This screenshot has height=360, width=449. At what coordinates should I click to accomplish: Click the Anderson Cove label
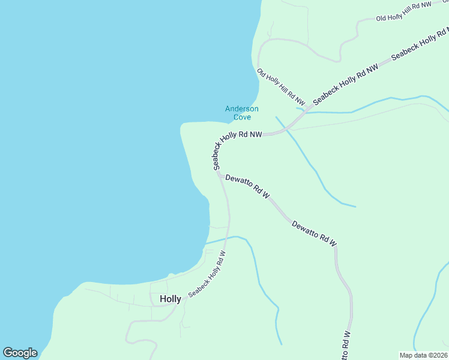click(x=242, y=113)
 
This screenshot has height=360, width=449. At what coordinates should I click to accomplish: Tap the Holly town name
click(x=170, y=299)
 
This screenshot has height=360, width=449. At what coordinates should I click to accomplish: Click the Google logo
click(x=20, y=353)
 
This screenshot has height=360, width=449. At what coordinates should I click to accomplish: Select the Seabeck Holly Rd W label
click(x=207, y=274)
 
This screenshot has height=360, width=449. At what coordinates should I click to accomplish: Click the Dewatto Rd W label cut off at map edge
click(x=346, y=347)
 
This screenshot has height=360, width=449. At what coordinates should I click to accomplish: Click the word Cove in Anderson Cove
click(x=242, y=117)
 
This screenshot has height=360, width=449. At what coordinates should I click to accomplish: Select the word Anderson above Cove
click(x=242, y=109)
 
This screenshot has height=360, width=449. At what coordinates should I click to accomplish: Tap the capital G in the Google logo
click(x=8, y=353)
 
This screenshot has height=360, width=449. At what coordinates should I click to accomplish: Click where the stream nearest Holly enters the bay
click(x=206, y=244)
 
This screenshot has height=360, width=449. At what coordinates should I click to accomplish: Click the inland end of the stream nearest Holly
click(x=281, y=344)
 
